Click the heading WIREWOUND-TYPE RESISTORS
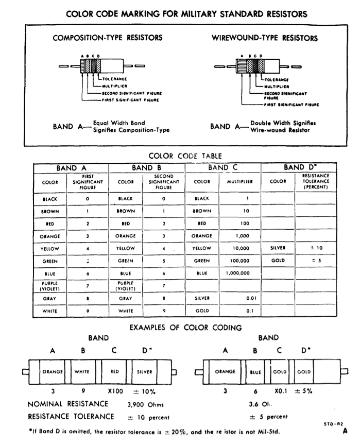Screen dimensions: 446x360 pos(264,38)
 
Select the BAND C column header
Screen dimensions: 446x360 pos(223,168)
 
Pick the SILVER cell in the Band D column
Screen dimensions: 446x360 pos(278,247)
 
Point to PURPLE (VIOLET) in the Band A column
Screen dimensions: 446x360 pos(50,286)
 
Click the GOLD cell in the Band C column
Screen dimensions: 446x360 pos(202,312)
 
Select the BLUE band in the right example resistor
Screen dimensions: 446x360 pos(256,370)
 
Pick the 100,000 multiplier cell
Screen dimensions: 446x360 pos(238,261)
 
